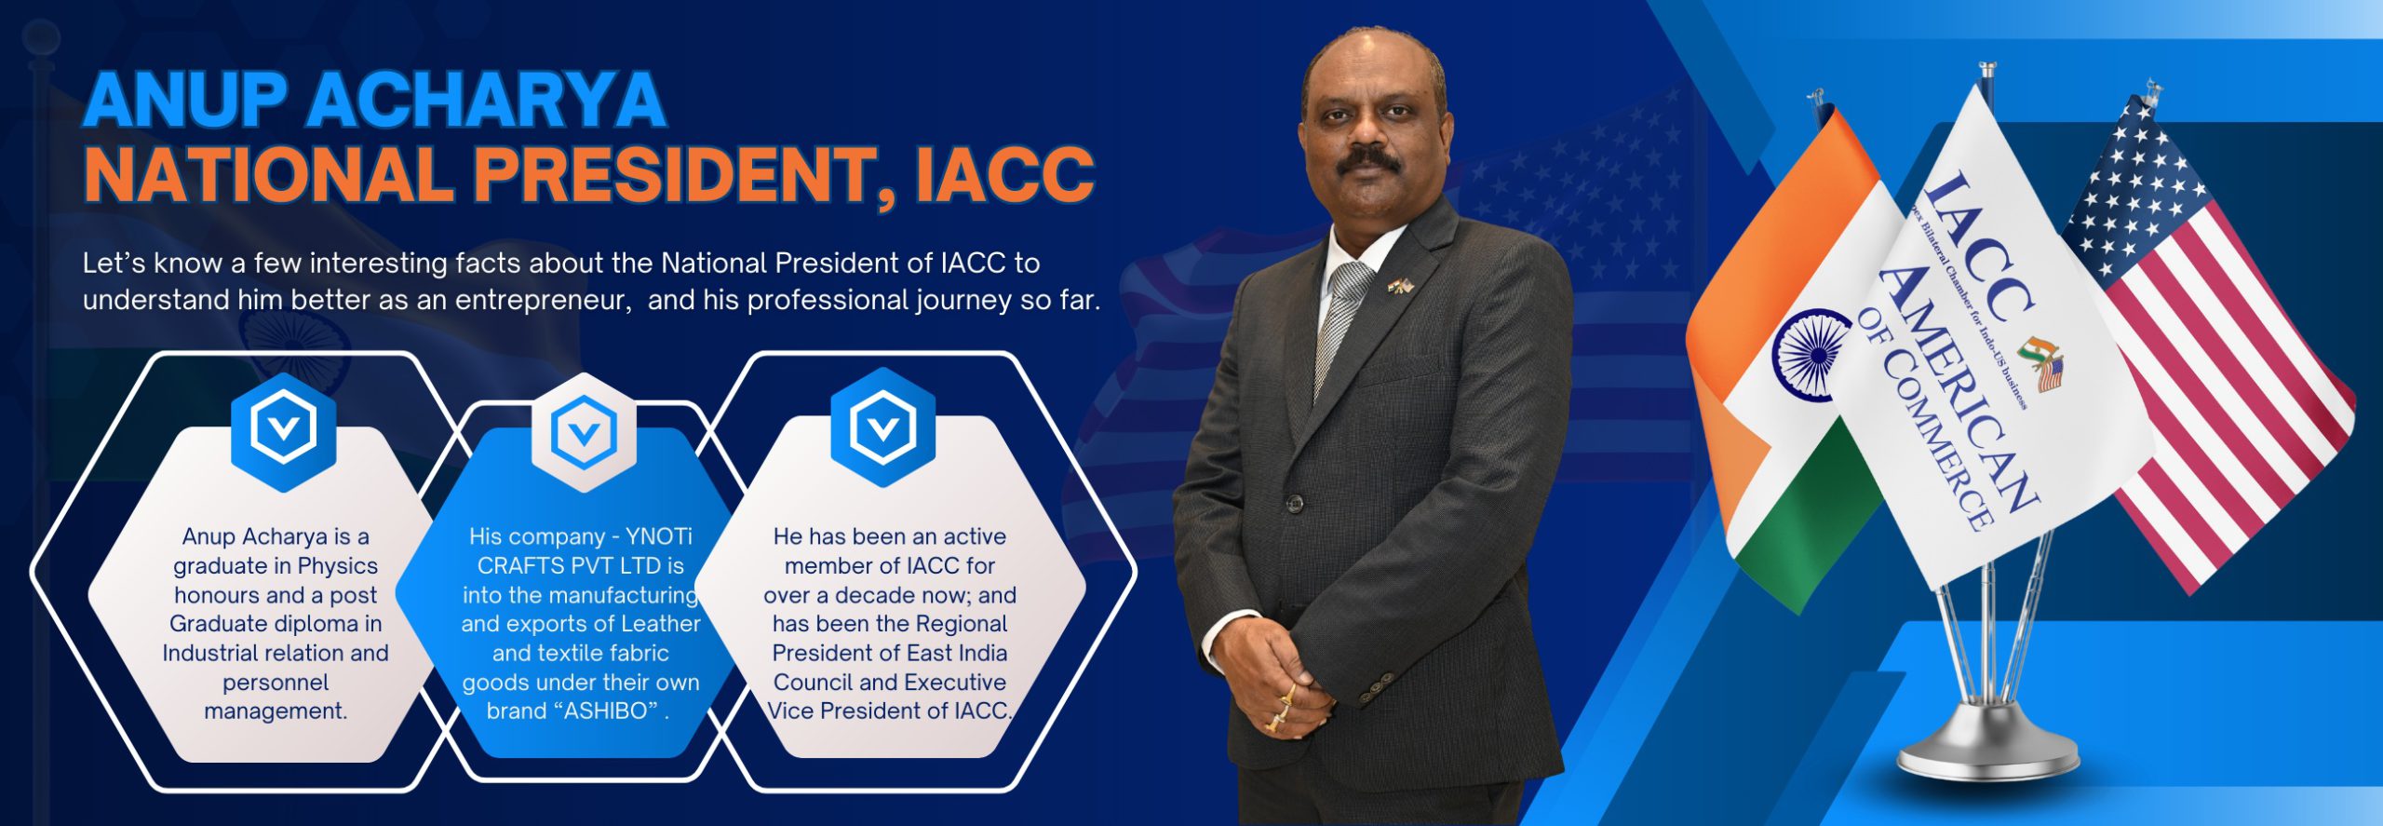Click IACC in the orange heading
(x=1003, y=174)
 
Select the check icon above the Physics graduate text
(x=283, y=429)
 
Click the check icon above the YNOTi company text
(x=584, y=432)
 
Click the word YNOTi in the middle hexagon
(x=659, y=536)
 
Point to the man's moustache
(x=1369, y=160)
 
